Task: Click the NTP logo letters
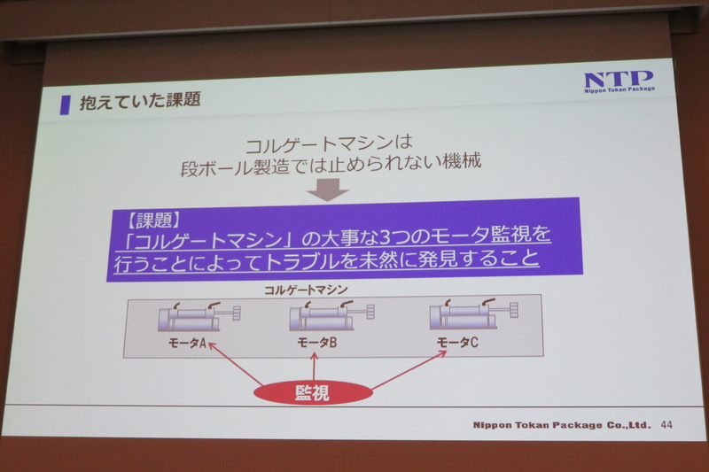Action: click(618, 78)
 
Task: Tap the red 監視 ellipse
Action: click(312, 392)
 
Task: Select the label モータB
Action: click(316, 342)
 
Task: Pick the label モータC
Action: click(457, 342)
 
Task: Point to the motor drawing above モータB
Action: click(330, 316)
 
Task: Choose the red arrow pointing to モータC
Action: click(409, 371)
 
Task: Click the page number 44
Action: click(666, 425)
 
